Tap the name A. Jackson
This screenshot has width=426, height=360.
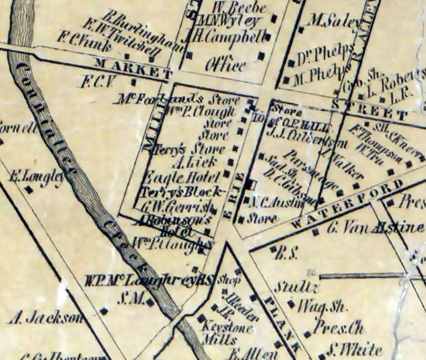(47, 318)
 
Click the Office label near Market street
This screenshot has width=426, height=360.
(225, 65)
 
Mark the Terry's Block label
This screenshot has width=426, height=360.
(182, 191)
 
